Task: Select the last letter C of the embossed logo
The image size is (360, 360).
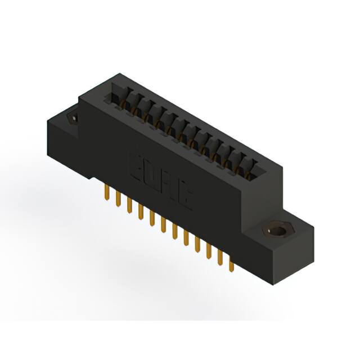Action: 186,196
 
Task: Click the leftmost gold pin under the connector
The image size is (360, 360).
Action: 106,193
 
